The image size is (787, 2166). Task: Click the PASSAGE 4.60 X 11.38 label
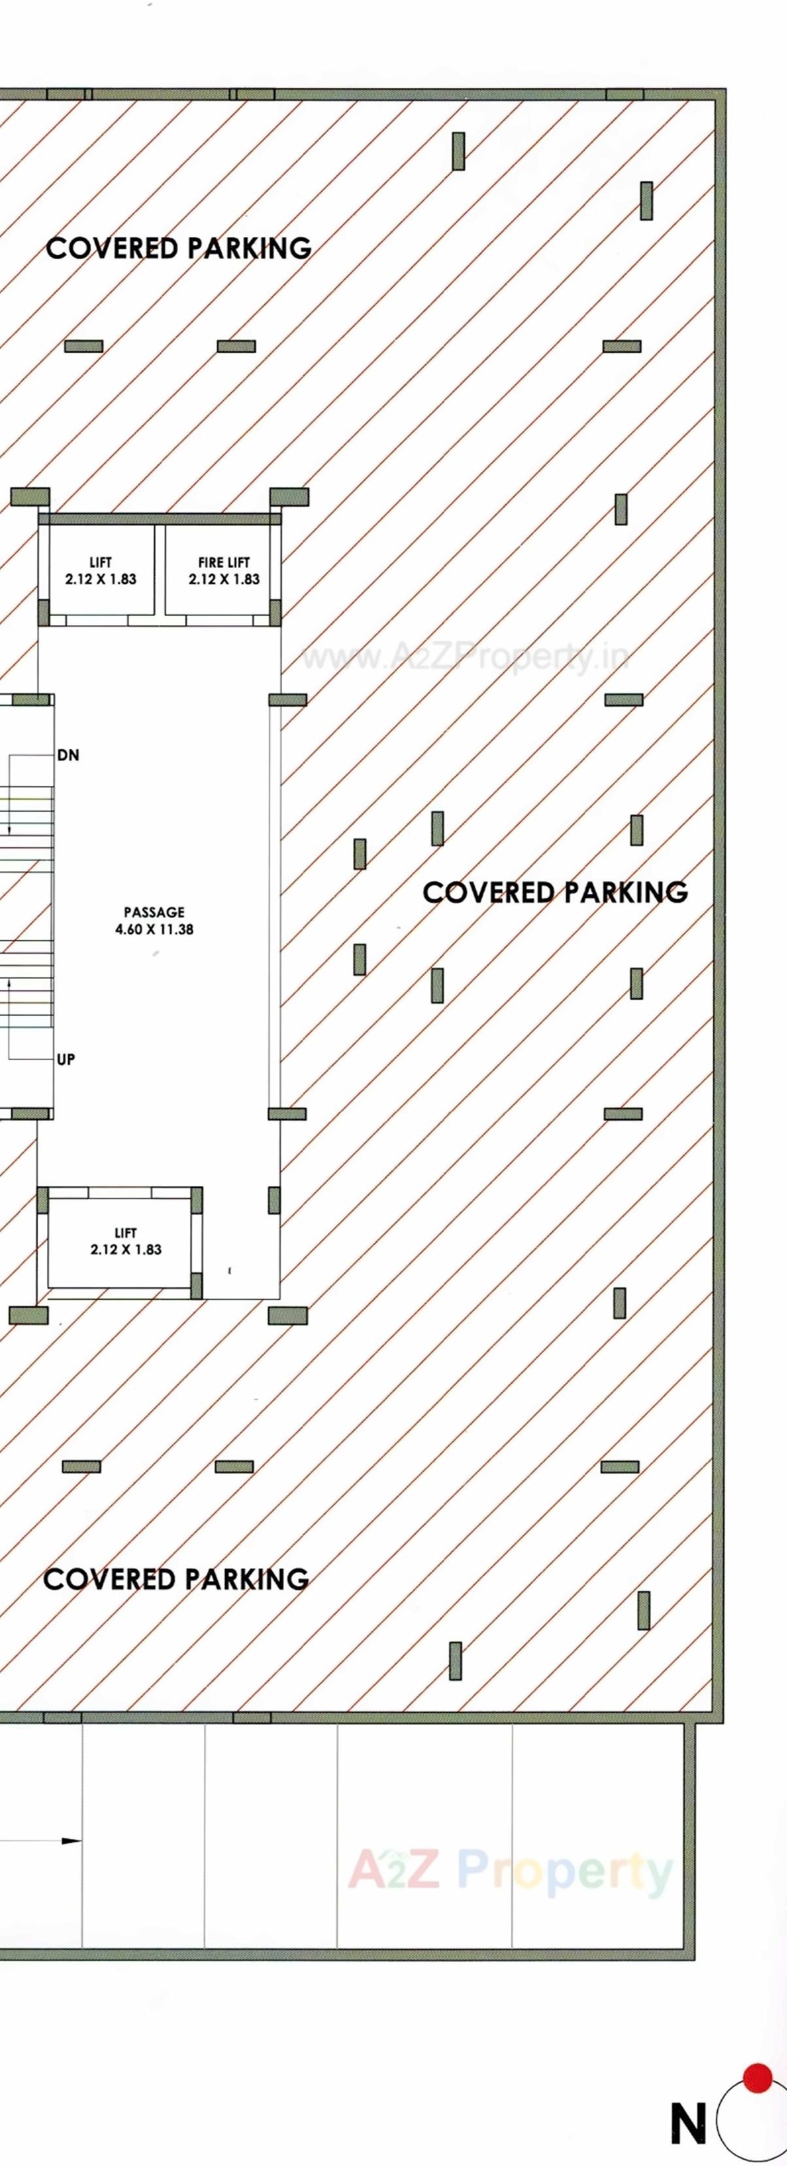pos(154,920)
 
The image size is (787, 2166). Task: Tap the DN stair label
pos(68,755)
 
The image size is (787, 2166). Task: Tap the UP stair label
pos(65,1059)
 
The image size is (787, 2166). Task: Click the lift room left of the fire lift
pos(100,570)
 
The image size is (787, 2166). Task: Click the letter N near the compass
pos(688,2123)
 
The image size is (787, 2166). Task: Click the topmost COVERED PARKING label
pos(178,248)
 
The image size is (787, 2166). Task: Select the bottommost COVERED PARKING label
pos(176,1579)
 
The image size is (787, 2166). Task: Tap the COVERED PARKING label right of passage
pos(555,892)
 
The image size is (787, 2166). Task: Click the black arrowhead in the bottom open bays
pos(71,1841)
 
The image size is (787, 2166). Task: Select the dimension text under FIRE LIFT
pos(224,579)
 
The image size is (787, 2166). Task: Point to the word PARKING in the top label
pos(249,248)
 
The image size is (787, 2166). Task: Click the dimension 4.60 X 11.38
pos(154,929)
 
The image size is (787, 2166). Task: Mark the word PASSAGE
pos(154,912)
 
